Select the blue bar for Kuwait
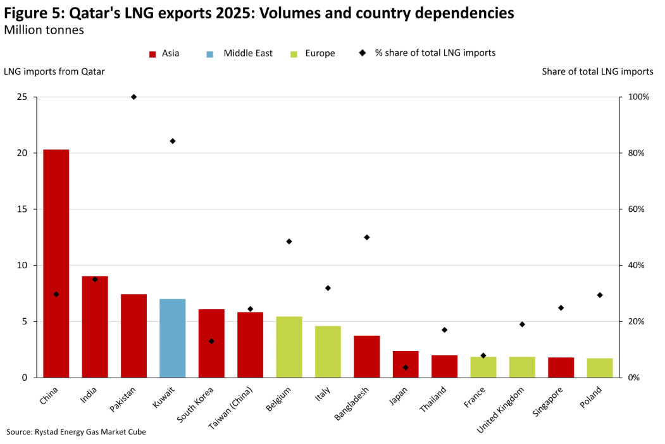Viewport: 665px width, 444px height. click(172, 338)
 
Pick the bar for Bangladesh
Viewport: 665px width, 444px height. click(366, 356)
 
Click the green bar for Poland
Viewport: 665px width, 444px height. click(600, 367)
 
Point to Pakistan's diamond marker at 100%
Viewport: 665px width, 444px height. click(134, 97)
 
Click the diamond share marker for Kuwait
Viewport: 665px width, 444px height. click(172, 141)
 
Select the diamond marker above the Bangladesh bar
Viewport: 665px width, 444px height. click(366, 237)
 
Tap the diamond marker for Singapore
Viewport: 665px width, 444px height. click(561, 307)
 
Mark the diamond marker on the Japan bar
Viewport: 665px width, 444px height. click(406, 367)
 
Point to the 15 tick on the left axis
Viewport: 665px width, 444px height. click(23, 209)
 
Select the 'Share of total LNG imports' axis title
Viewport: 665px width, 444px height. click(597, 71)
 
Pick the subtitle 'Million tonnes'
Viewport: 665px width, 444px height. click(44, 30)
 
